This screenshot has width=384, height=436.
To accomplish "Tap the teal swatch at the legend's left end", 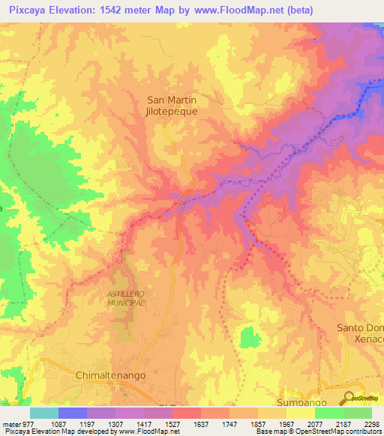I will click(44, 413).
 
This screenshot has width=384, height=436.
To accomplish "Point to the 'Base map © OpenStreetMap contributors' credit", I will click(318, 432).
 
